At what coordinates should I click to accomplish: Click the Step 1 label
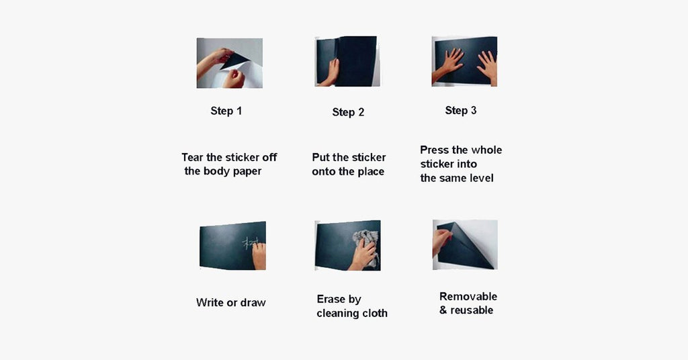226,111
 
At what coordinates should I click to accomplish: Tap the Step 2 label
348,112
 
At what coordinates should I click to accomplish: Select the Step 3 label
461,111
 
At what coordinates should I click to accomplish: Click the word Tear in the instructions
193,157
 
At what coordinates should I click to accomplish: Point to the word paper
247,171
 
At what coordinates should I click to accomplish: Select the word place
371,172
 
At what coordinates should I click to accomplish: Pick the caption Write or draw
231,302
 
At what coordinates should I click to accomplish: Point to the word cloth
375,313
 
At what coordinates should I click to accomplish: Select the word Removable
468,296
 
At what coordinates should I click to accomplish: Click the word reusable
472,310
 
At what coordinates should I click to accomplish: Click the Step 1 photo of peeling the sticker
230,63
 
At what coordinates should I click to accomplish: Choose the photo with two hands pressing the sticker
464,61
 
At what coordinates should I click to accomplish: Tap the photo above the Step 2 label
347,61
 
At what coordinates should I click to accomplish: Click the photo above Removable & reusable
465,244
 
